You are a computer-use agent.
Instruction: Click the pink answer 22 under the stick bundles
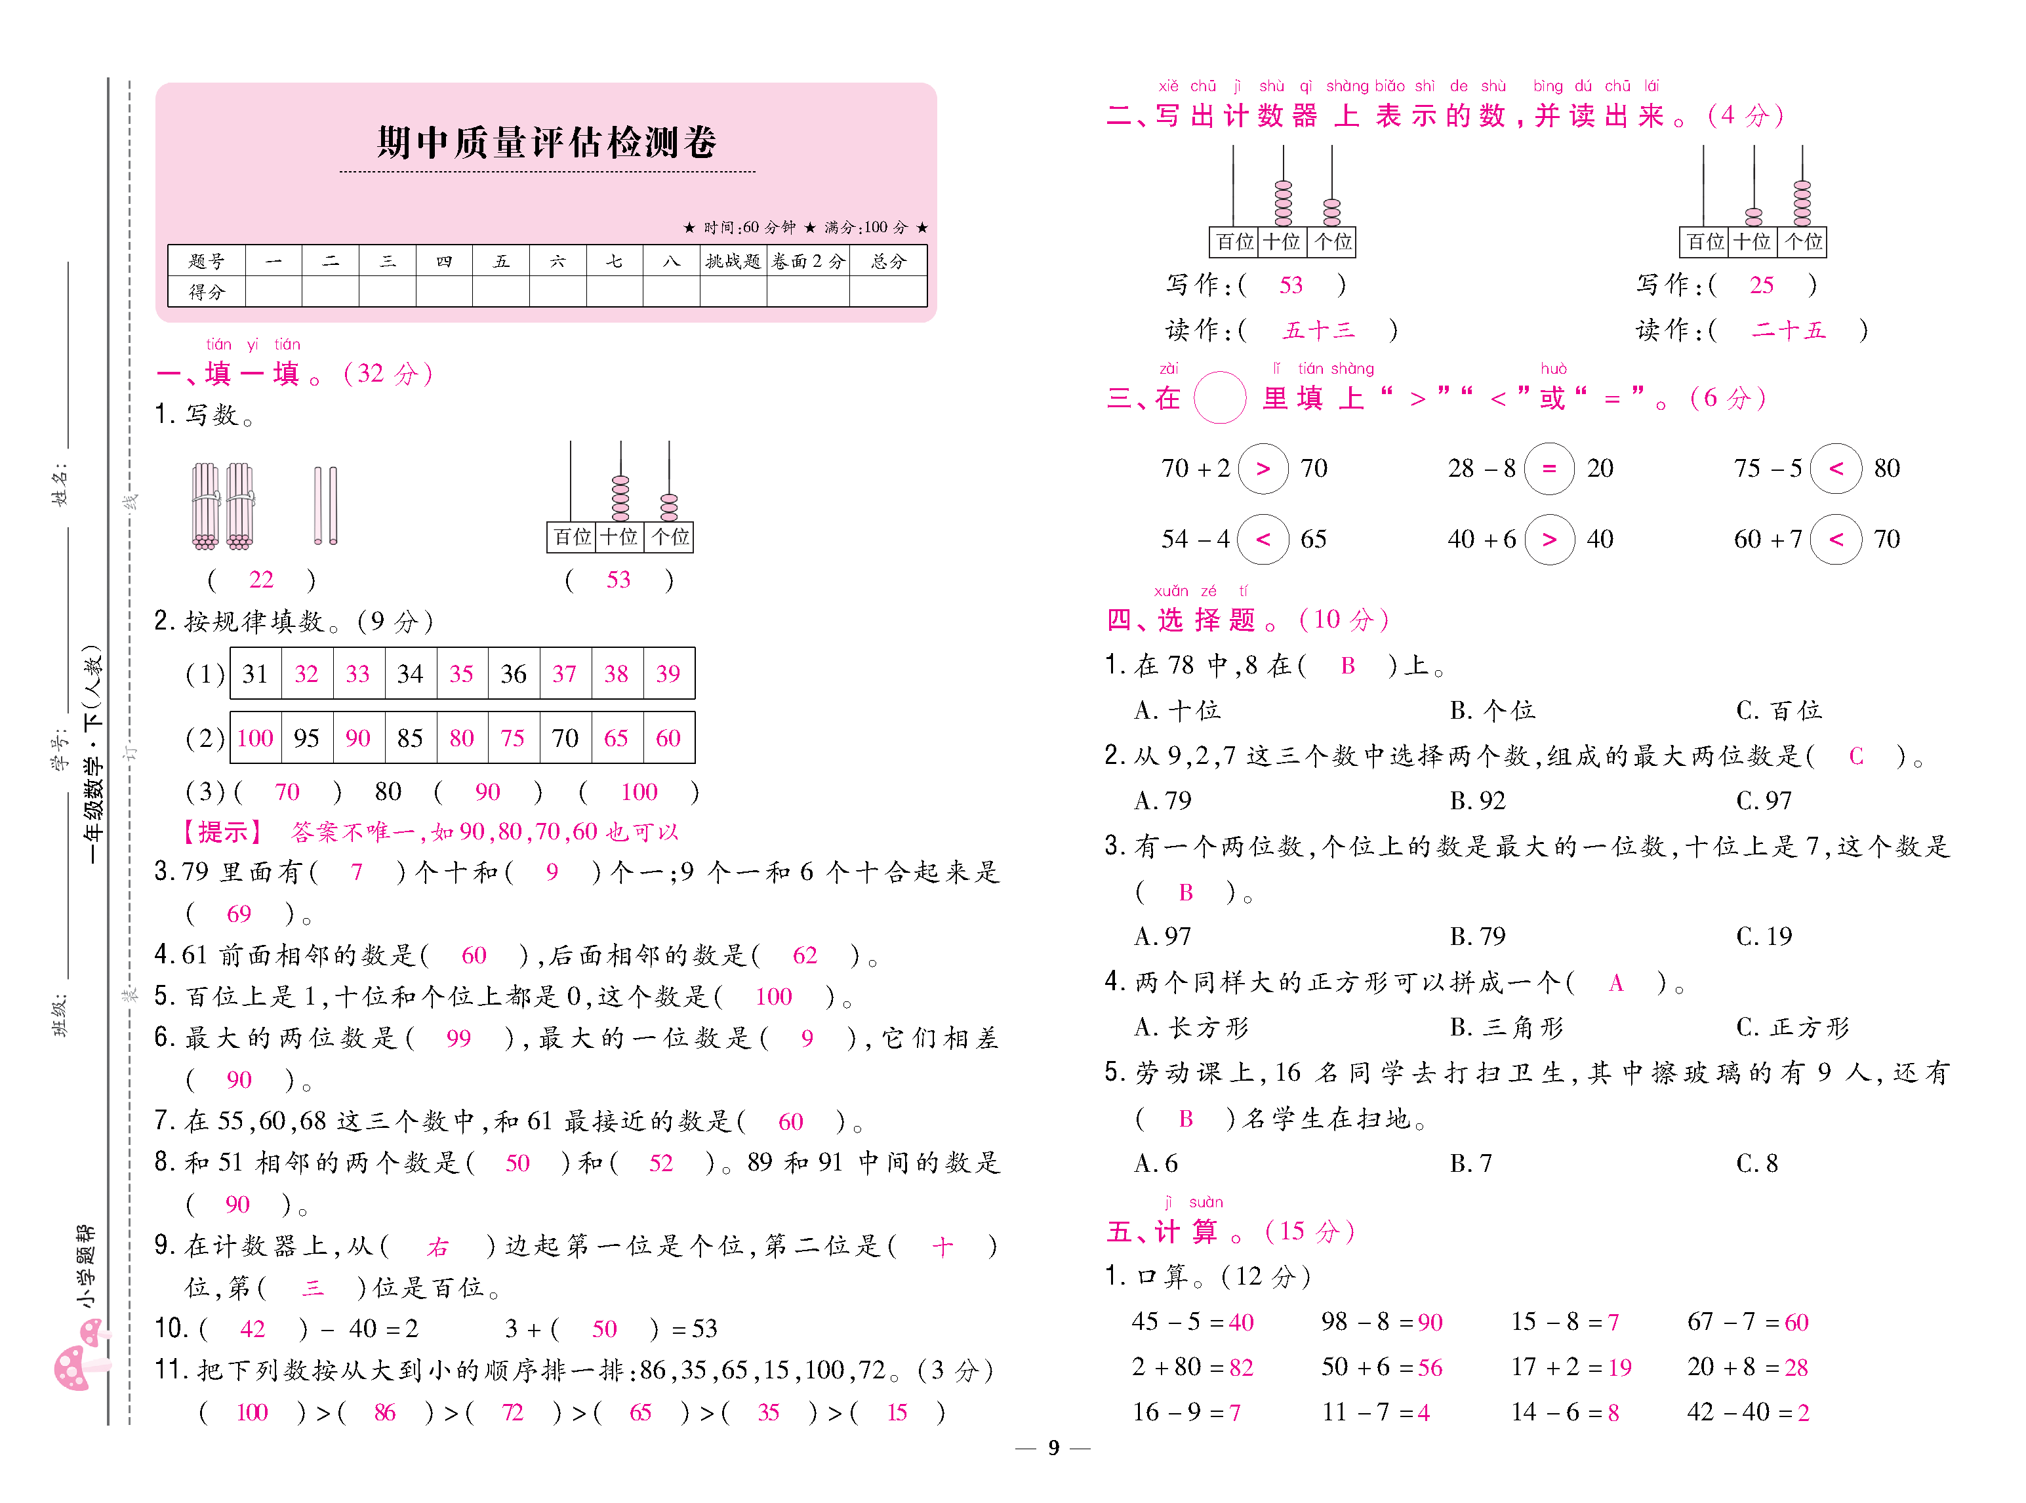[x=261, y=580]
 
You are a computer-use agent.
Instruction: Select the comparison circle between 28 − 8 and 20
[x=1549, y=469]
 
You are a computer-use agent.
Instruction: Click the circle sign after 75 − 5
[x=1835, y=469]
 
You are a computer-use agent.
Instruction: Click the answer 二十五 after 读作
[x=1788, y=331]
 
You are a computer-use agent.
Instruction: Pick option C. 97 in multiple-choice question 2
[x=1763, y=801]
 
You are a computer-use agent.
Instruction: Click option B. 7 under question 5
[x=1470, y=1163]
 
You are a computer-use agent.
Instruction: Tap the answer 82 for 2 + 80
[x=1241, y=1367]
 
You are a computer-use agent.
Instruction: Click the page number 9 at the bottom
[x=1053, y=1447]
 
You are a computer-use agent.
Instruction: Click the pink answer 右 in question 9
[x=437, y=1247]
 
